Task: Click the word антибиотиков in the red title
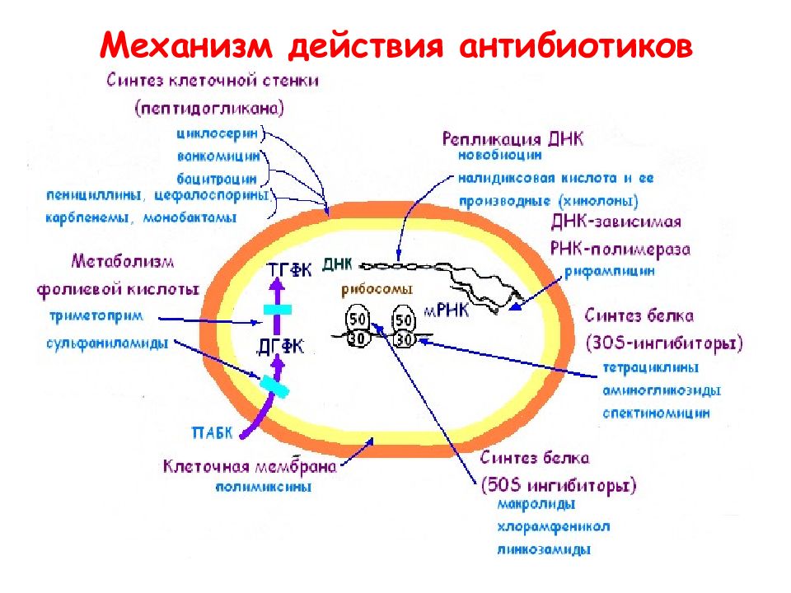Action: [576, 46]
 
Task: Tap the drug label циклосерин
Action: [218, 133]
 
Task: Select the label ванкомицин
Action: [218, 156]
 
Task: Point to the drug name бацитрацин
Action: [217, 179]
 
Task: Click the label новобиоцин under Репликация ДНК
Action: [500, 155]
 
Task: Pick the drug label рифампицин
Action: [610, 271]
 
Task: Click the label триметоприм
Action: [96, 316]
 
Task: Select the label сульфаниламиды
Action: [107, 343]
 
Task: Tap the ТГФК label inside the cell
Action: [289, 270]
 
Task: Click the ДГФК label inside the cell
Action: [280, 347]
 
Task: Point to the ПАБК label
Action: [213, 432]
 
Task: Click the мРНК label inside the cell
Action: [447, 311]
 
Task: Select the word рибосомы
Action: [377, 289]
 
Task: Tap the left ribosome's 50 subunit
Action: [357, 319]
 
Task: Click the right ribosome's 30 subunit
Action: [404, 340]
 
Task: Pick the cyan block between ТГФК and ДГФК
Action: [277, 310]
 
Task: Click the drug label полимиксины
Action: [264, 487]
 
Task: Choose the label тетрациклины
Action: [651, 367]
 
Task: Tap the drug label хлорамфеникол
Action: [554, 527]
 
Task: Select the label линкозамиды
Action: [543, 549]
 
